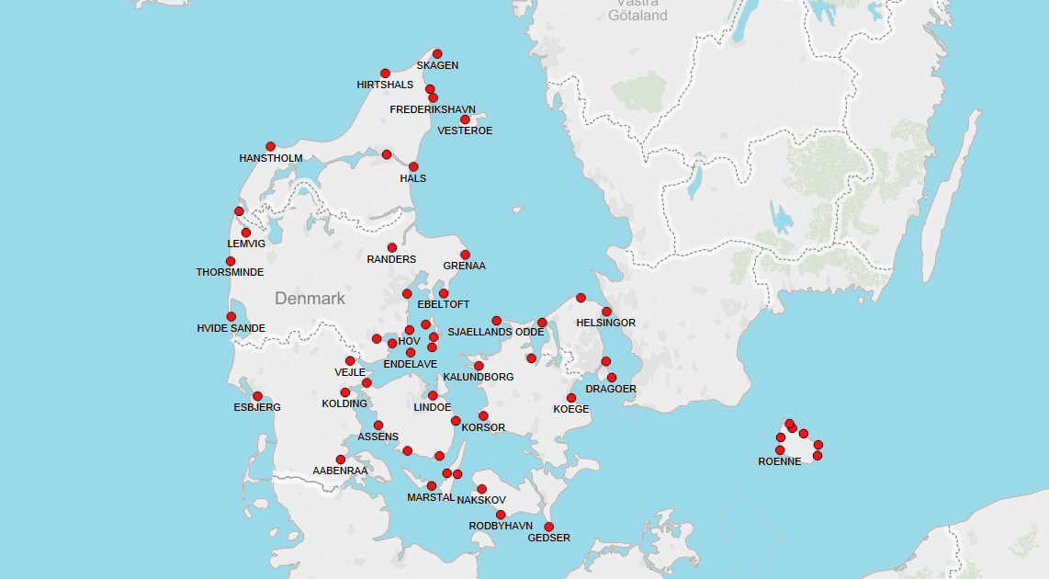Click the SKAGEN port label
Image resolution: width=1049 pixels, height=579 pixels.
[x=437, y=66]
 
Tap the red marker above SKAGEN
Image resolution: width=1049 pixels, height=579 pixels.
[x=437, y=54]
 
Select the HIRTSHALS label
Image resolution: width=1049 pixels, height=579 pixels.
[x=385, y=85]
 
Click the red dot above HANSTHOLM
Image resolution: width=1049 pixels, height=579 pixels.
[x=270, y=147]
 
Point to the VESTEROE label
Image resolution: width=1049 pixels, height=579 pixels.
[x=465, y=131]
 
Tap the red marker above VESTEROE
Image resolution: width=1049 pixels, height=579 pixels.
[x=465, y=119]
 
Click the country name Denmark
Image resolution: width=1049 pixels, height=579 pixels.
[x=310, y=299]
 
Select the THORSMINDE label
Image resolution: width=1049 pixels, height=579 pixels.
[x=230, y=273]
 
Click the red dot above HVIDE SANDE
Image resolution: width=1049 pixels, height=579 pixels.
[x=231, y=317]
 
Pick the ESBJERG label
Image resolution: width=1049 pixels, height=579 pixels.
[x=257, y=407]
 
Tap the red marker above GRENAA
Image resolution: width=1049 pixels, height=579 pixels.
[x=465, y=255]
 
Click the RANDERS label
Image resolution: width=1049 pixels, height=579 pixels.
[x=391, y=260]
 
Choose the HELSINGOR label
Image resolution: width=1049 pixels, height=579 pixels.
[x=605, y=324]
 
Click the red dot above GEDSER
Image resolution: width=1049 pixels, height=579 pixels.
[x=548, y=527]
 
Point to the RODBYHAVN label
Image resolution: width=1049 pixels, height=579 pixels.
[x=501, y=527]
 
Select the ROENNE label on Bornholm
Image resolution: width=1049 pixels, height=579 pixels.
[x=780, y=461]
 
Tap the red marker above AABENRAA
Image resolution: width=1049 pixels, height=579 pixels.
[x=341, y=460]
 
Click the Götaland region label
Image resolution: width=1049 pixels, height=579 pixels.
[x=637, y=16]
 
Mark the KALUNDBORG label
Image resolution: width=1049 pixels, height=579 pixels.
[x=478, y=378]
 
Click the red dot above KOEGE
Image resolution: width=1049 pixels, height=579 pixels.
[x=571, y=398]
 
